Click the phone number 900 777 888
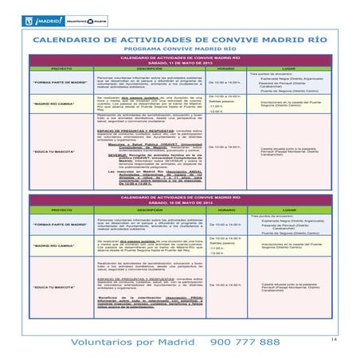point(244,341)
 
